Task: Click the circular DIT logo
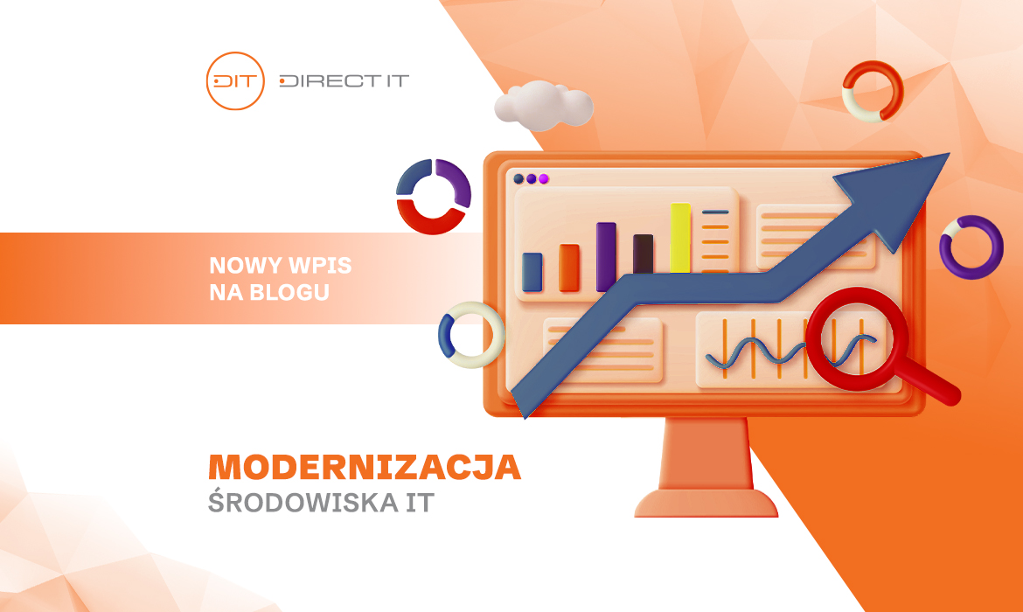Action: click(x=235, y=81)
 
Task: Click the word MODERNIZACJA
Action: click(x=365, y=467)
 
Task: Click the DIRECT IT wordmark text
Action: click(x=344, y=81)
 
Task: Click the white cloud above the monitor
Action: click(x=544, y=104)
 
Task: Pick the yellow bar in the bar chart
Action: click(x=680, y=238)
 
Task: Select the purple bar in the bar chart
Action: click(x=606, y=256)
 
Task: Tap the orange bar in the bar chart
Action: click(x=569, y=268)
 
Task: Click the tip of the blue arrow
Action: click(x=950, y=153)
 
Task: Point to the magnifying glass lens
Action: click(x=856, y=338)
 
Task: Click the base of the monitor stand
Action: click(x=706, y=503)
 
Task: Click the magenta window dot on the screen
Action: click(x=544, y=178)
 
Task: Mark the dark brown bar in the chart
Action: click(x=644, y=254)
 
